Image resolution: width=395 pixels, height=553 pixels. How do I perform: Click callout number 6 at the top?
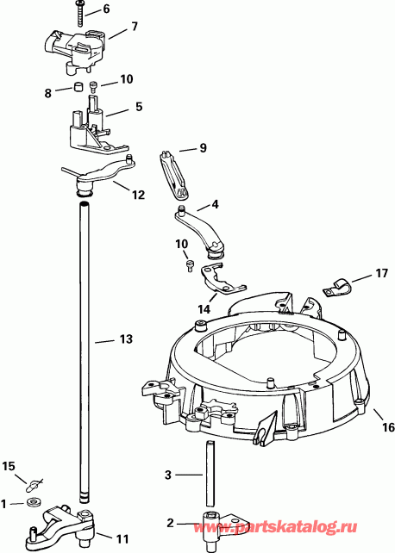click(106, 9)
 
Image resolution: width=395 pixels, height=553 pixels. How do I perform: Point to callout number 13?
click(125, 339)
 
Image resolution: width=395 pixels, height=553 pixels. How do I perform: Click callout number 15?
click(9, 466)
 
